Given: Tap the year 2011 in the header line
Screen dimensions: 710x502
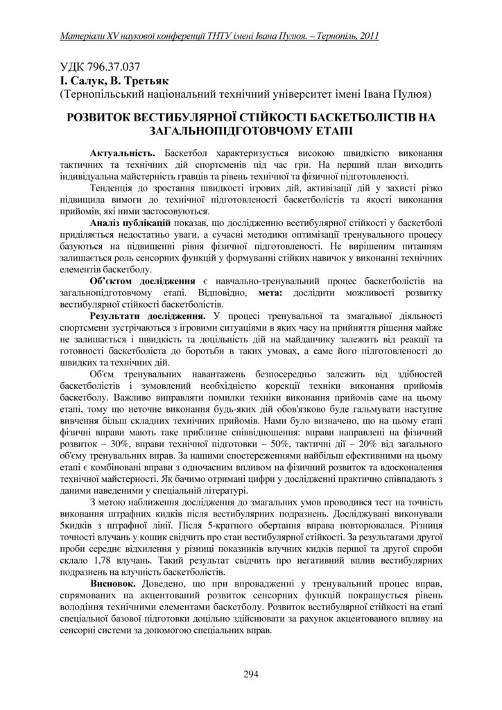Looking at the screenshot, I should pyautogui.click(x=366, y=35).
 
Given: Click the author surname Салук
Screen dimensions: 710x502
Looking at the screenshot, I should pyautogui.click(x=86, y=80).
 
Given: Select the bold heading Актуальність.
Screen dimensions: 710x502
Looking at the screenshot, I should pyautogui.click(x=122, y=152).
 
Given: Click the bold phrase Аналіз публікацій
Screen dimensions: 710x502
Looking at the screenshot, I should pyautogui.click(x=130, y=223).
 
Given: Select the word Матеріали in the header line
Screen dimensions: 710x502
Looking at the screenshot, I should pyautogui.click(x=83, y=35).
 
